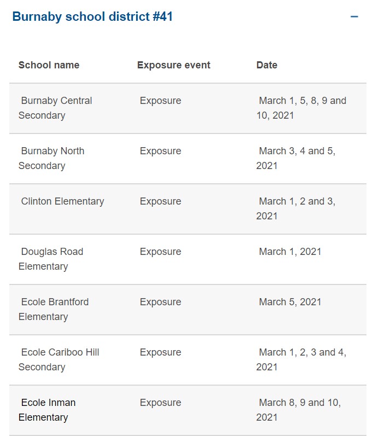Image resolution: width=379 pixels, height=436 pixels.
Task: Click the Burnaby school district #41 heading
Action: [92, 16]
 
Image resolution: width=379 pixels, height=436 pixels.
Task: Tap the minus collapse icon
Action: [354, 16]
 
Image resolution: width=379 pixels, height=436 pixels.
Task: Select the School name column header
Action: [49, 65]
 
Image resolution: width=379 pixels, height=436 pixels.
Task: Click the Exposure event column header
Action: [173, 65]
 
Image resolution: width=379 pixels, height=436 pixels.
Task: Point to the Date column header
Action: [266, 65]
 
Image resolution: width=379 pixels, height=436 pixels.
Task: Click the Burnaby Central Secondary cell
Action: [55, 108]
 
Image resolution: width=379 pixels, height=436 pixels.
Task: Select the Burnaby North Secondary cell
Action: [51, 158]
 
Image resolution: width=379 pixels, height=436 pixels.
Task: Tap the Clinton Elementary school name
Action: [62, 201]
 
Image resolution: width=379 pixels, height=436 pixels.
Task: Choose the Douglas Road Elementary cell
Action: [51, 259]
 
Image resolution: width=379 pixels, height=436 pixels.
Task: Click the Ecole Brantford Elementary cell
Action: [54, 309]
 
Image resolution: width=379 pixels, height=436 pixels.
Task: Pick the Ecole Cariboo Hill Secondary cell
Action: [59, 359]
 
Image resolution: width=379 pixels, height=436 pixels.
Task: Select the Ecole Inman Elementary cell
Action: [47, 410]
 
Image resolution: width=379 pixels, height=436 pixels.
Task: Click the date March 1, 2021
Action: [290, 252]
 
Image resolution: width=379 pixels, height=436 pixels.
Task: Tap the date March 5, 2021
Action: [290, 302]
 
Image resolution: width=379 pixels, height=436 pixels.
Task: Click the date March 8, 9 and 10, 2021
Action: [299, 410]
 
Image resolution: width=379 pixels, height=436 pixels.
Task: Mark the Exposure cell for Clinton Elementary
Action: [160, 201]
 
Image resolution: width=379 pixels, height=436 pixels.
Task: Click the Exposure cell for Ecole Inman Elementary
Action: [160, 403]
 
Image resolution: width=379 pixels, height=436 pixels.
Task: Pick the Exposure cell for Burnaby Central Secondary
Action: [160, 101]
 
